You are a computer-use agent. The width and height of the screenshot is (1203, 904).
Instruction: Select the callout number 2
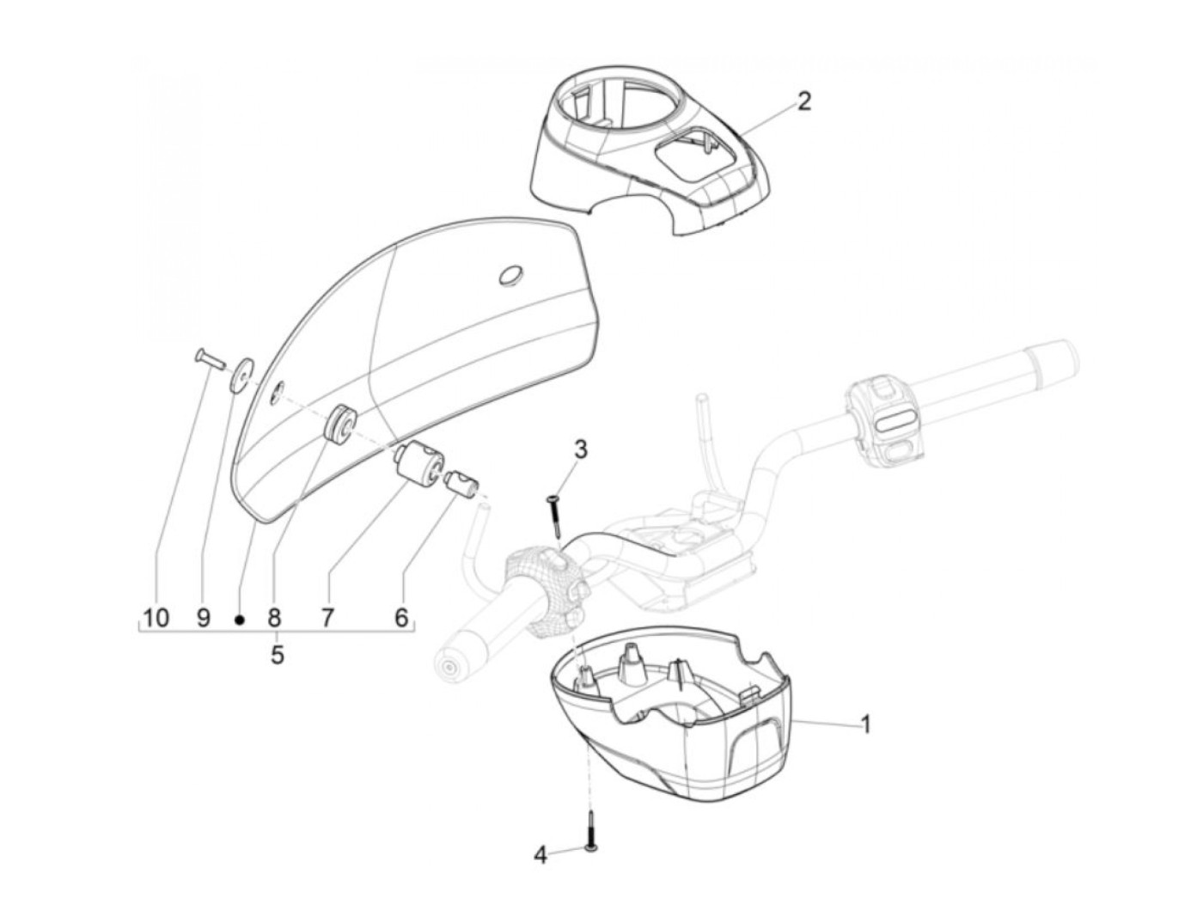click(x=803, y=101)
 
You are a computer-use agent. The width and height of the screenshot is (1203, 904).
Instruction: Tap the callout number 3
click(x=582, y=449)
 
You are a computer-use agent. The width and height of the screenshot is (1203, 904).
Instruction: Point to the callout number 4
click(x=540, y=855)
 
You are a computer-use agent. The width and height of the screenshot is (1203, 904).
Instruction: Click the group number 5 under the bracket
click(x=277, y=655)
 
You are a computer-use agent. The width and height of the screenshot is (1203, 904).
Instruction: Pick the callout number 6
click(x=400, y=617)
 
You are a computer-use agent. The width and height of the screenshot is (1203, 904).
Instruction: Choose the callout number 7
click(x=327, y=617)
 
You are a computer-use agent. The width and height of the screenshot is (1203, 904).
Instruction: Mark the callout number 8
click(x=274, y=617)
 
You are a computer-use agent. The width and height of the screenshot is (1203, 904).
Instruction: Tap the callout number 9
click(x=204, y=617)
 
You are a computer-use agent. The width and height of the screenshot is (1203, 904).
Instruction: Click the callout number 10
click(x=156, y=617)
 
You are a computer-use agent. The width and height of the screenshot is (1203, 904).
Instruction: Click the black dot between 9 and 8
click(x=241, y=619)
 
